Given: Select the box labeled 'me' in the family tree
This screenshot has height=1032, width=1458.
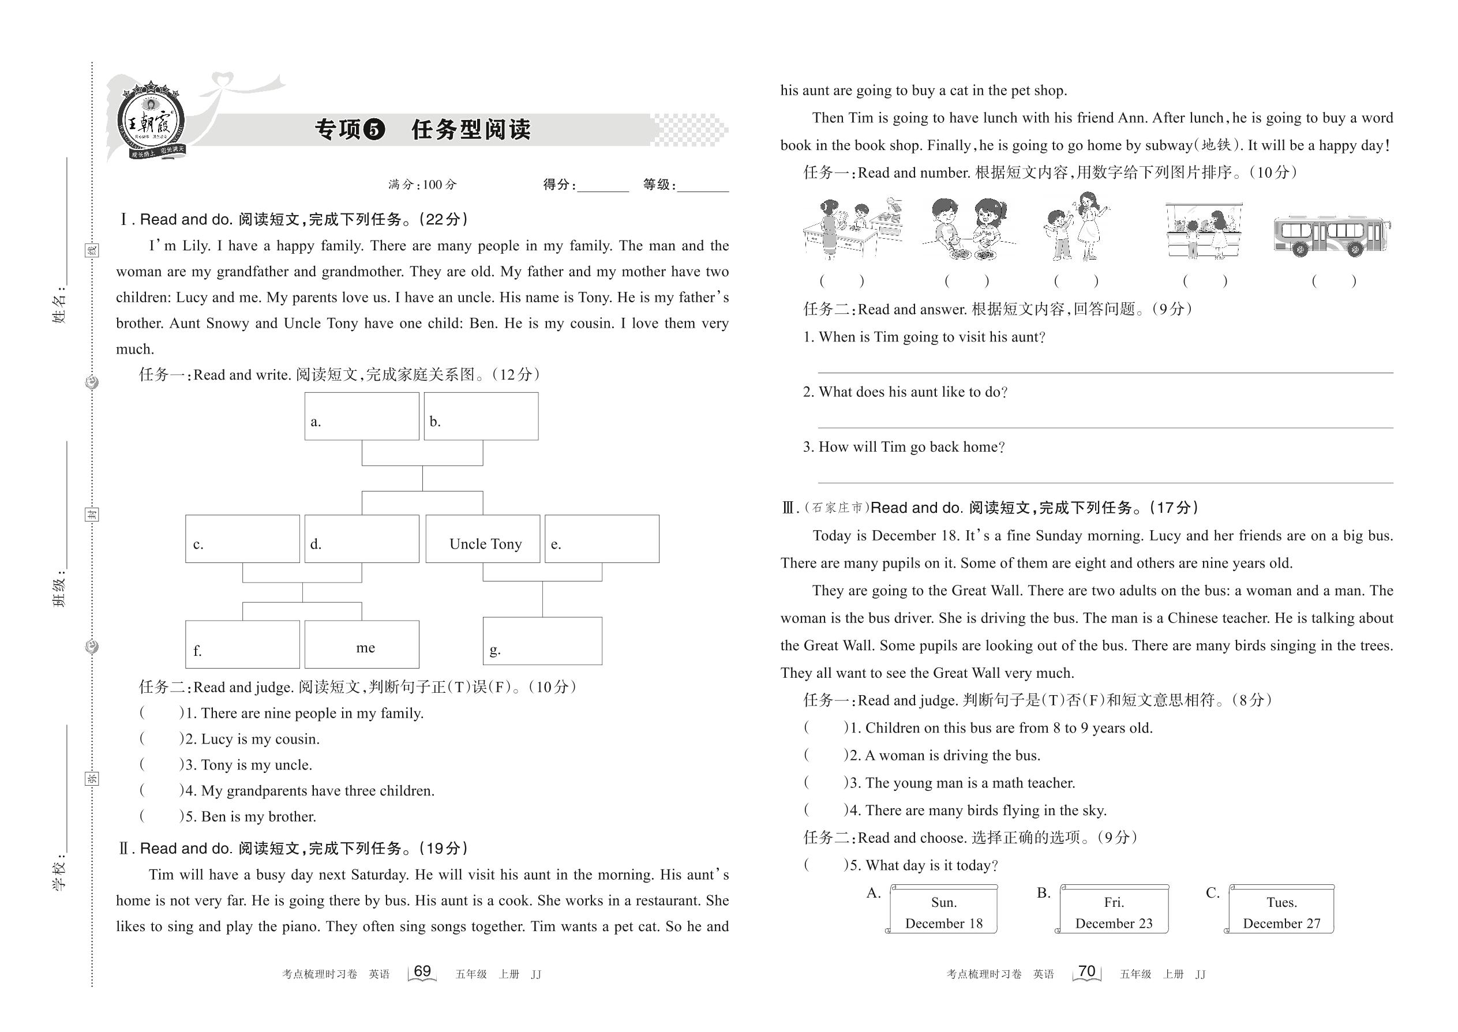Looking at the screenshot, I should tap(362, 644).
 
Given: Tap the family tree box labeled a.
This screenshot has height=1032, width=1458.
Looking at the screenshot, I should tap(362, 416).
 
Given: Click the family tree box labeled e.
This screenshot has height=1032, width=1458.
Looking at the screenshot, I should tap(602, 539).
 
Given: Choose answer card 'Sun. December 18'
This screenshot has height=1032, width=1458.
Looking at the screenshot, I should tap(943, 910).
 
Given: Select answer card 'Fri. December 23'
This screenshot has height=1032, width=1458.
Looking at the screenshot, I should tap(1114, 910).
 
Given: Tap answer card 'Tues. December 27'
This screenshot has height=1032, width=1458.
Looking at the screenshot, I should tap(1281, 910).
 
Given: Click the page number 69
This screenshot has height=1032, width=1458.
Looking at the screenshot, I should tap(422, 971).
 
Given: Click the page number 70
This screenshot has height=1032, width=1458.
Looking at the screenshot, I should tap(1087, 971).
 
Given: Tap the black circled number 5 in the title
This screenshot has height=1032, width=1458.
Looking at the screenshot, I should tap(374, 130).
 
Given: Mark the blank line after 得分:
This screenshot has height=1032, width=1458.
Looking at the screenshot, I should tap(602, 188).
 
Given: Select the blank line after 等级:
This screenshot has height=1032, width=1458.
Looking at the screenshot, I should tap(703, 188).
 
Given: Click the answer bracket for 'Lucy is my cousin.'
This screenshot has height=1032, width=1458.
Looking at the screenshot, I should tap(159, 739).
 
